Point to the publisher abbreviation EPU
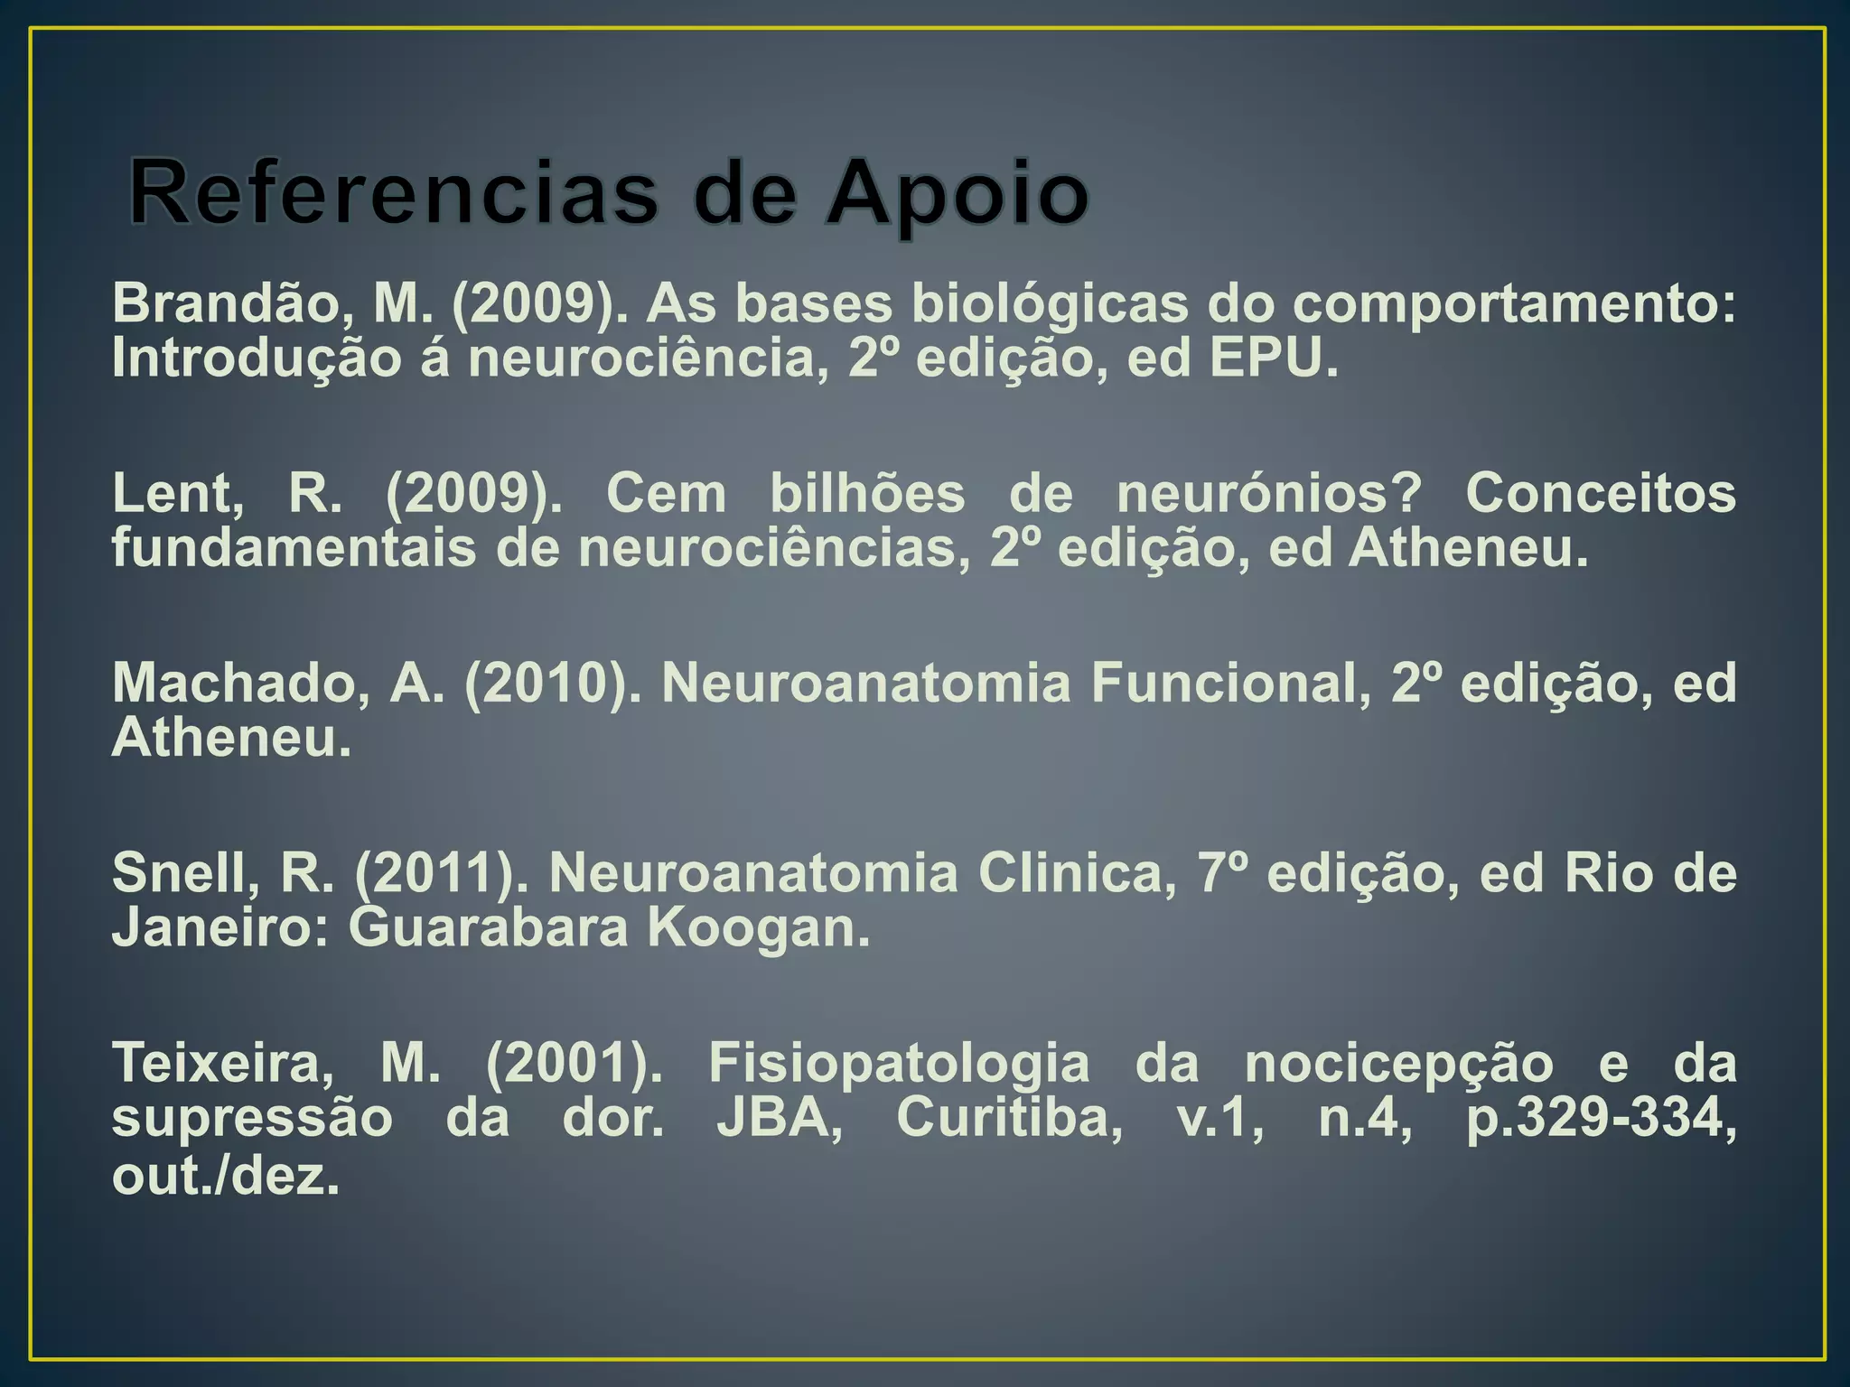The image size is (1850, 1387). [x=1272, y=359]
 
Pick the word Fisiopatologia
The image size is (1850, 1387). [x=899, y=1064]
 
